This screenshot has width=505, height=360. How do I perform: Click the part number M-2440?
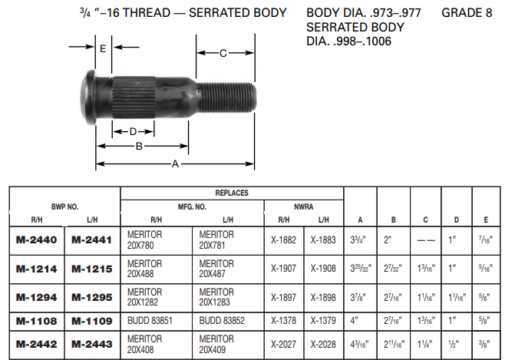coord(37,239)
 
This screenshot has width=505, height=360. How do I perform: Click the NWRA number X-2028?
coord(322,345)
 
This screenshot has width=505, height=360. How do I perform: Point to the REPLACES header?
coord(231,193)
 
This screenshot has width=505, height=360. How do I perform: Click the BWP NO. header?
coord(65,206)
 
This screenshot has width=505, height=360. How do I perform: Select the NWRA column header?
coord(304,206)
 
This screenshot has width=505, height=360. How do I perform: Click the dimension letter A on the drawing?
coord(175,163)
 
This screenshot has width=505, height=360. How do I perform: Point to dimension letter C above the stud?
coord(223,53)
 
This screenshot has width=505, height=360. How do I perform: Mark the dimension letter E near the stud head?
coord(102,48)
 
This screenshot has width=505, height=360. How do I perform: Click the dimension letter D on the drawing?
coord(133,131)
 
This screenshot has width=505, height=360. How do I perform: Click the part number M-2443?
coord(92,345)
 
